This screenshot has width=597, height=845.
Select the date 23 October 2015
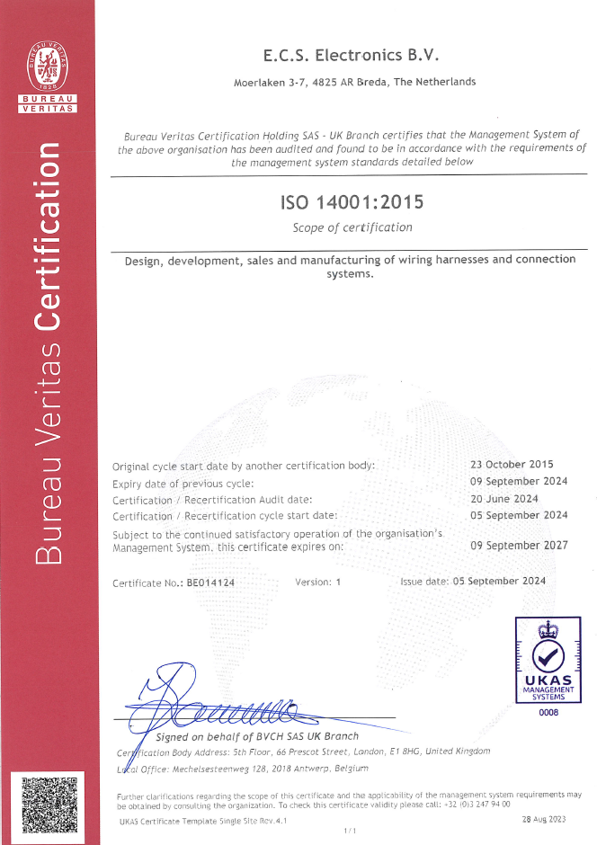pyautogui.click(x=512, y=465)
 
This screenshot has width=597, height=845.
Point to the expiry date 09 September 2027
pyautogui.click(x=519, y=545)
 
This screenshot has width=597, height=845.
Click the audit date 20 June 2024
pyautogui.click(x=504, y=498)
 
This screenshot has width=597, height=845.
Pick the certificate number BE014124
pyautogui.click(x=210, y=583)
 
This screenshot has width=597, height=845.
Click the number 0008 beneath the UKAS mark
pyautogui.click(x=548, y=713)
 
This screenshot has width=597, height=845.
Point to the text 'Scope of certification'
pyautogui.click(x=352, y=227)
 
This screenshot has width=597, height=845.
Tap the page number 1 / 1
pyautogui.click(x=351, y=832)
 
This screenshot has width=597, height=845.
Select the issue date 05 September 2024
pyautogui.click(x=498, y=581)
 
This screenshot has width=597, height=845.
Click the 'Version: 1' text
pyautogui.click(x=318, y=583)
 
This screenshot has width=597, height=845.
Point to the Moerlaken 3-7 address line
pyautogui.click(x=354, y=82)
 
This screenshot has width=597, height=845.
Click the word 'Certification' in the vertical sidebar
pyautogui.click(x=48, y=244)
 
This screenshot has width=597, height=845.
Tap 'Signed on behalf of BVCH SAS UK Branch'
pyautogui.click(x=257, y=736)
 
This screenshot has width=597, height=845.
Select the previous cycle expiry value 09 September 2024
pyautogui.click(x=519, y=481)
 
